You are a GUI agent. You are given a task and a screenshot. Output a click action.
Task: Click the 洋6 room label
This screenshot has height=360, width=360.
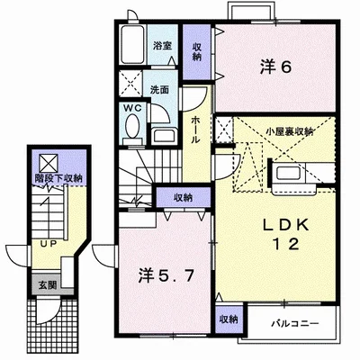(x=276, y=67)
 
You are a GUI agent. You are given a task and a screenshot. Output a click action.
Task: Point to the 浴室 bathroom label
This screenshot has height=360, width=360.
(x=162, y=44)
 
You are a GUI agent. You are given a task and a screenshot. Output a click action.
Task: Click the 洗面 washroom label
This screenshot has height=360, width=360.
(x=160, y=90)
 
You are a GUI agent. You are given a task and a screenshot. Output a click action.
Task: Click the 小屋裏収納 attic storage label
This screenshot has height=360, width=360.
(x=289, y=131)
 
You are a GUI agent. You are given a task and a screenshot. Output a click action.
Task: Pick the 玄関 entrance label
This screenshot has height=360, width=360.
(x=46, y=285)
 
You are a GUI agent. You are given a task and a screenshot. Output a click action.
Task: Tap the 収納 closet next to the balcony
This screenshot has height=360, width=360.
(x=228, y=319)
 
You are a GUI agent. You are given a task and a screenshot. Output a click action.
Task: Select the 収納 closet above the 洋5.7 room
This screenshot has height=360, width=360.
(x=183, y=197)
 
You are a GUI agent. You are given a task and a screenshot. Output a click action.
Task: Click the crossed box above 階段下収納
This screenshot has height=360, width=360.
(x=48, y=162)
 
